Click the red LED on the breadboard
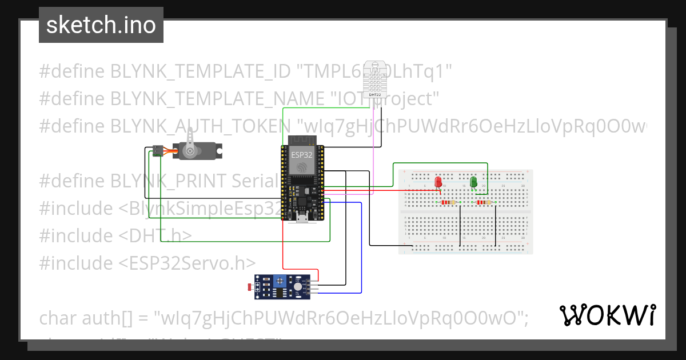pos(438,182)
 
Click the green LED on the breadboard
pos(473,182)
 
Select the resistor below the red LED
pos(449,202)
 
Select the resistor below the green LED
pos(483,202)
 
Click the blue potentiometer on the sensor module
pos(280,281)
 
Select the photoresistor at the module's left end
pos(249,285)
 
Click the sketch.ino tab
pos(101,25)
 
